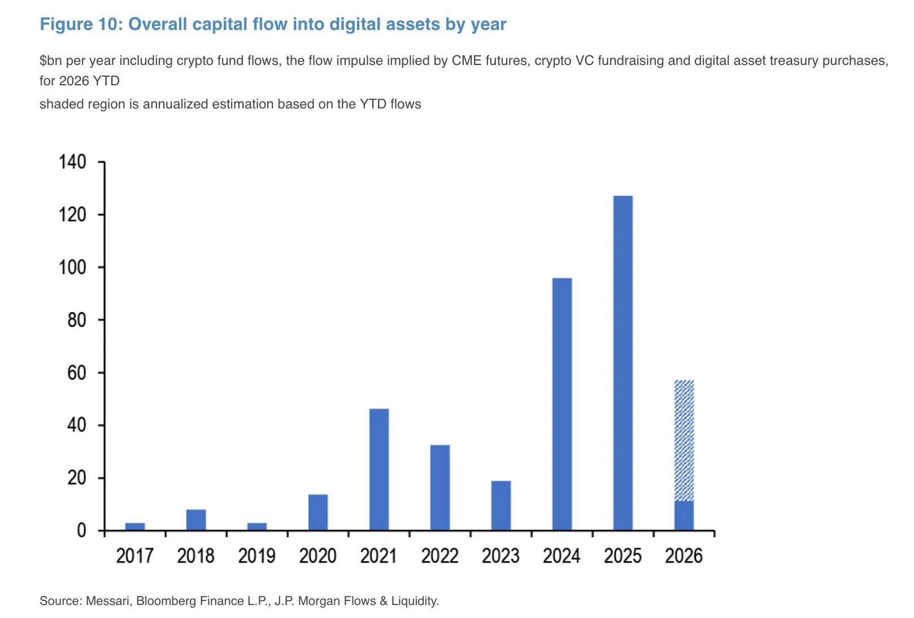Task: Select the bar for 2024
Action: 562,404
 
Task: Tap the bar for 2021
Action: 378,469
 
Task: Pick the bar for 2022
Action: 439,487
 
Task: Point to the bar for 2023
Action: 500,505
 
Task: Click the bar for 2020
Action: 317,512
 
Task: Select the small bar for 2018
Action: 195,520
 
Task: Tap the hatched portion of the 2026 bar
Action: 684,441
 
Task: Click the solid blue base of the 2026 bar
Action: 684,515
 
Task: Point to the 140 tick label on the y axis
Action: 72,162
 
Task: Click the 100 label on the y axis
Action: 72,267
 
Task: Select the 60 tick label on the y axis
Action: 76,373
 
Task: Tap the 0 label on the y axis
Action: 81,530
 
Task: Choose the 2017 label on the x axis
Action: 134,556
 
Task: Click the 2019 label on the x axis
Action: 256,556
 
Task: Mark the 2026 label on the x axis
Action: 684,556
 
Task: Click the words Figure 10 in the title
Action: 81,24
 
